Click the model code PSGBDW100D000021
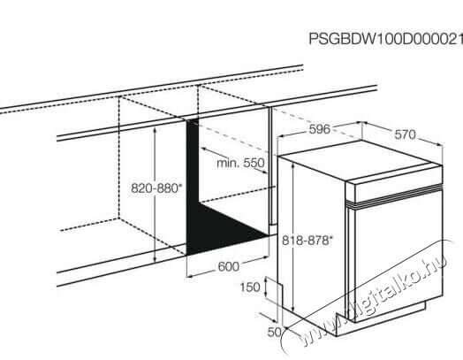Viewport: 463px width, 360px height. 386,39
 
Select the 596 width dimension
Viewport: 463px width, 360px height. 320,129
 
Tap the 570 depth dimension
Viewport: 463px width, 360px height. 405,134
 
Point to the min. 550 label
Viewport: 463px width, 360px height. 240,163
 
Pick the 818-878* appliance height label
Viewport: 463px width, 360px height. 307,241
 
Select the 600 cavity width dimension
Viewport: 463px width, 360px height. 228,266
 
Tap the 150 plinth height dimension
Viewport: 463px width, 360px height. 250,287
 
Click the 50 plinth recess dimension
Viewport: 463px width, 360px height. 274,333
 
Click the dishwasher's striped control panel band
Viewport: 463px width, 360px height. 394,195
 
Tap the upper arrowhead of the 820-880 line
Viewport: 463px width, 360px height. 155,129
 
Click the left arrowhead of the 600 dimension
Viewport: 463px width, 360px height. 190,276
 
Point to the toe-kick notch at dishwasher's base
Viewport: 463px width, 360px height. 343,318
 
